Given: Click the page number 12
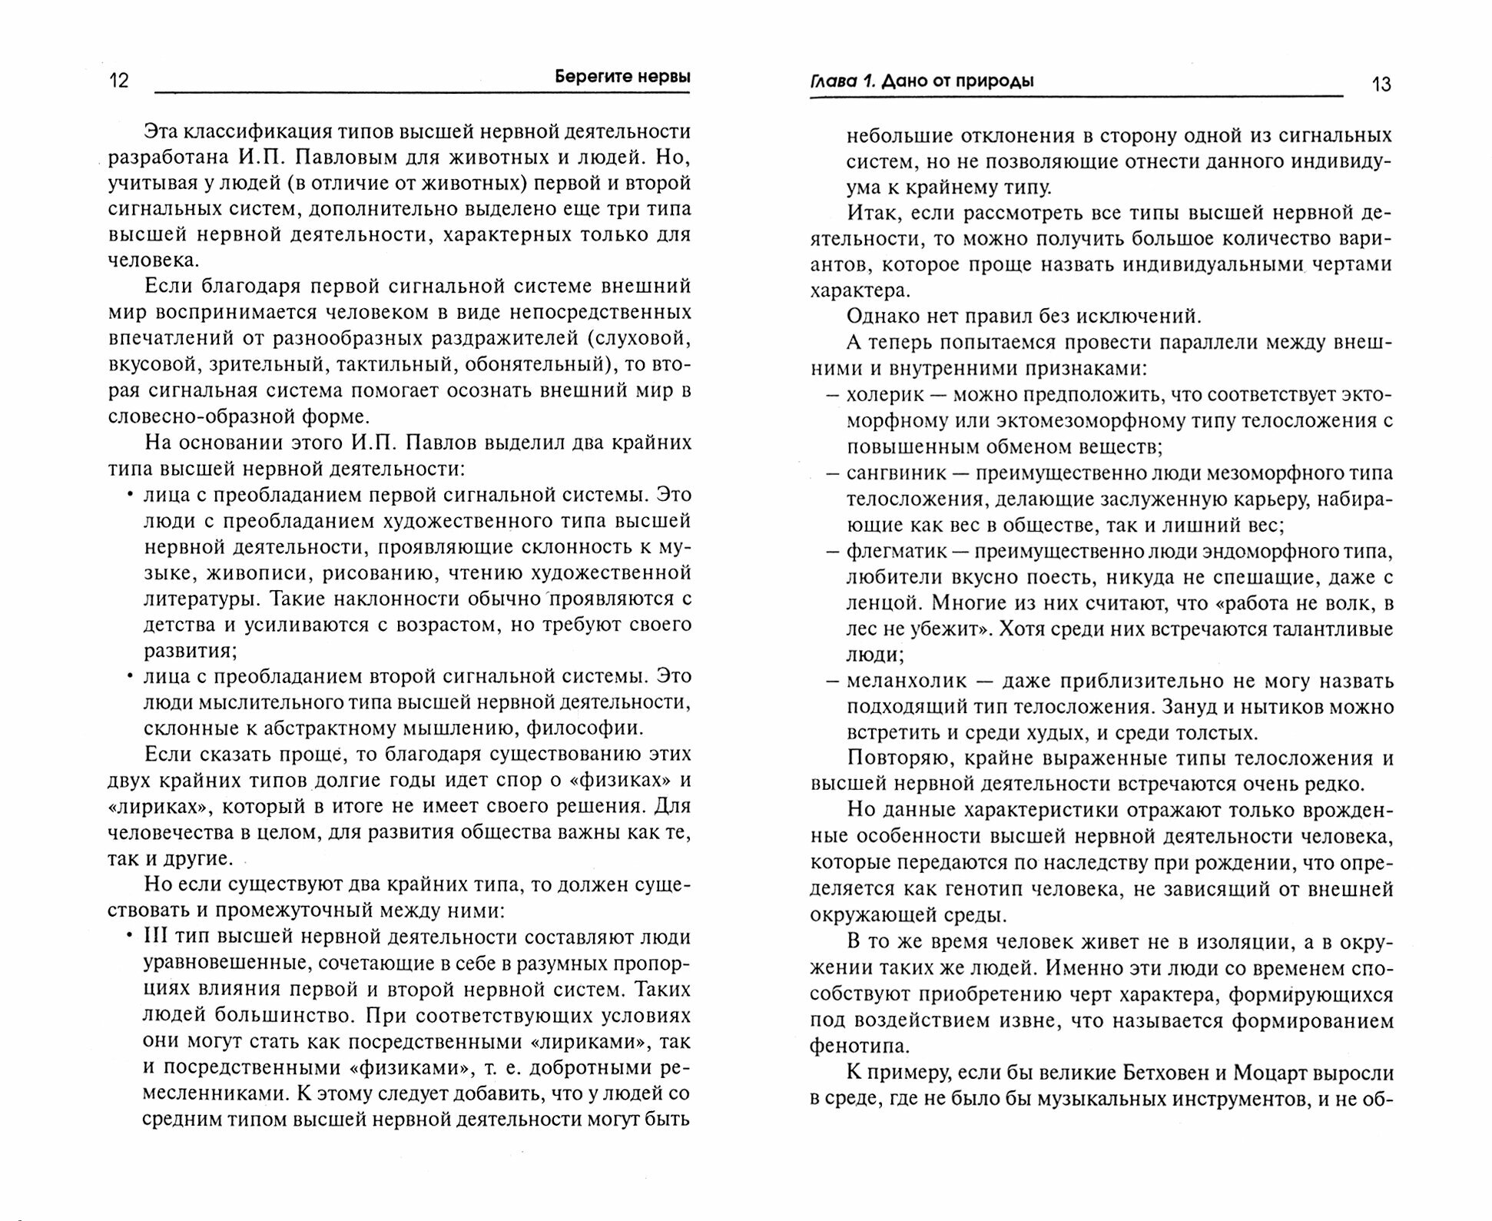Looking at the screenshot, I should click(x=119, y=80).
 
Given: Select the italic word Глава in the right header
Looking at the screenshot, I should click(x=834, y=81).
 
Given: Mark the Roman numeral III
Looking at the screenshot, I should click(x=156, y=937).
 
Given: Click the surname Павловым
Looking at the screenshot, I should click(x=380, y=158).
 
